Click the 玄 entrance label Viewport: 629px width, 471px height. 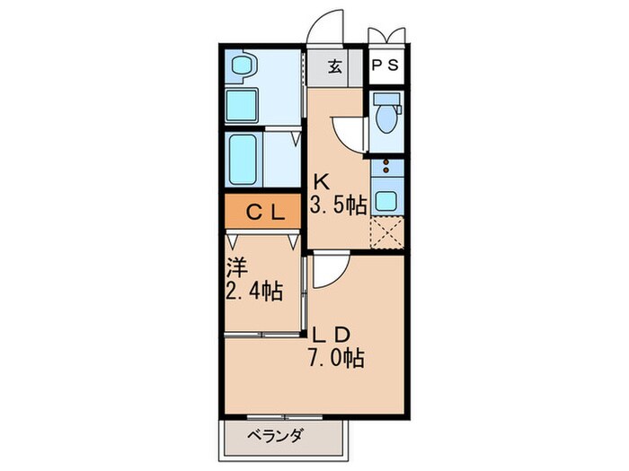[334, 65]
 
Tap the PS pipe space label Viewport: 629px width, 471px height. [387, 65]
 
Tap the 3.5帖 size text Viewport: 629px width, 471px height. [338, 205]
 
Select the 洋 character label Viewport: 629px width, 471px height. [235, 266]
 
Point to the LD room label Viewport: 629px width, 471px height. [330, 334]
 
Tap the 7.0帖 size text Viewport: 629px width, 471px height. [337, 359]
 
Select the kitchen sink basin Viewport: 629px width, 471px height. [386, 199]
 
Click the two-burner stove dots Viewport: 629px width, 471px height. [386, 167]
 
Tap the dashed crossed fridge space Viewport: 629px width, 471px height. [387, 231]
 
